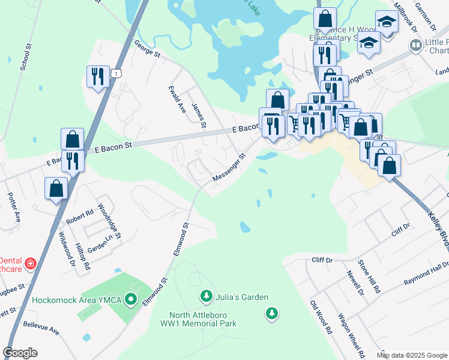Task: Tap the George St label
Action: point(147,49)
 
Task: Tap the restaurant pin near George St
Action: point(97,77)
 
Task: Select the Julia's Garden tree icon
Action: point(206,296)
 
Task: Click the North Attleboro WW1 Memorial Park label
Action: point(203,319)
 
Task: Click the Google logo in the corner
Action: point(20,353)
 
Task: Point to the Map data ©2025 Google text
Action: point(412,355)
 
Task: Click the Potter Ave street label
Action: point(14,205)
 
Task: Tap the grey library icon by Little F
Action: point(414,45)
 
